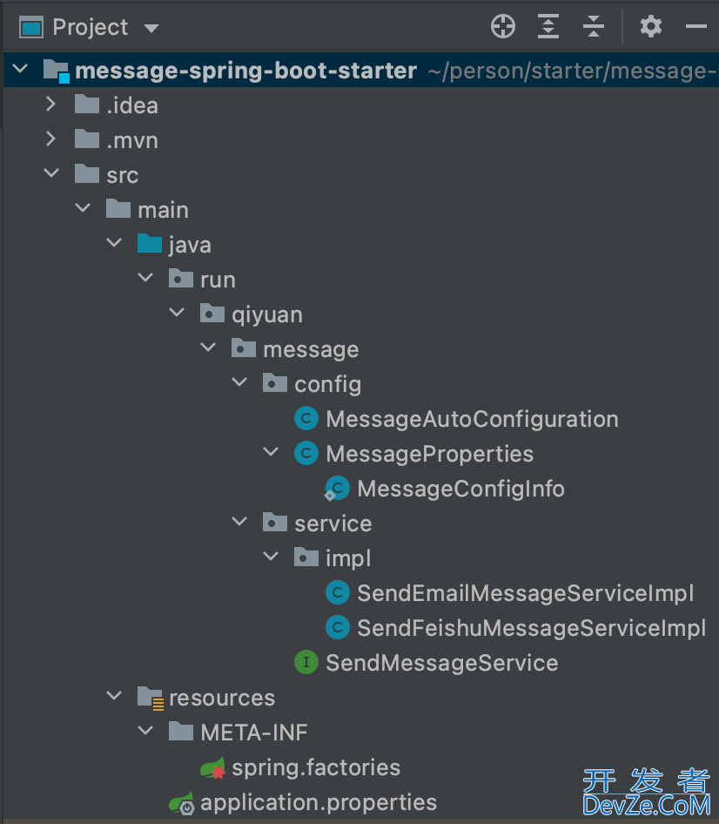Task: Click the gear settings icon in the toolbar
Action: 650,27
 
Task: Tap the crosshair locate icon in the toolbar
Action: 503,27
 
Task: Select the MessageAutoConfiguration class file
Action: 472,419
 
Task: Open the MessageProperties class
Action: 429,454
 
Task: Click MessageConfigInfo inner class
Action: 460,489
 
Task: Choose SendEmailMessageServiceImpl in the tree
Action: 525,593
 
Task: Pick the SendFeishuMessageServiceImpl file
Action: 531,628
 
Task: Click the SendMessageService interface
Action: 441,663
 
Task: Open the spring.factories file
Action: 316,767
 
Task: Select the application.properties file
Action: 319,802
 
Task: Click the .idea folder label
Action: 132,105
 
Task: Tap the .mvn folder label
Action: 132,140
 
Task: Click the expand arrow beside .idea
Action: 50,105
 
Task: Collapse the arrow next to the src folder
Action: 51,174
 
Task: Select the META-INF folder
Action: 254,733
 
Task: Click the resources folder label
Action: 222,698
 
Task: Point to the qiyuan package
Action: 267,314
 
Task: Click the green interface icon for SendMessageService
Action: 306,663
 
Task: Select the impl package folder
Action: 348,558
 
